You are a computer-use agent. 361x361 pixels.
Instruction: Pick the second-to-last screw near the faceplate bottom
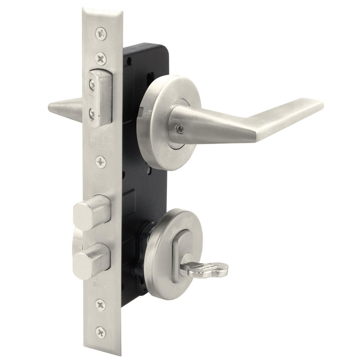(100, 305)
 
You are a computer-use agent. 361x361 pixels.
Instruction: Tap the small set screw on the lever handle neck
(180, 128)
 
